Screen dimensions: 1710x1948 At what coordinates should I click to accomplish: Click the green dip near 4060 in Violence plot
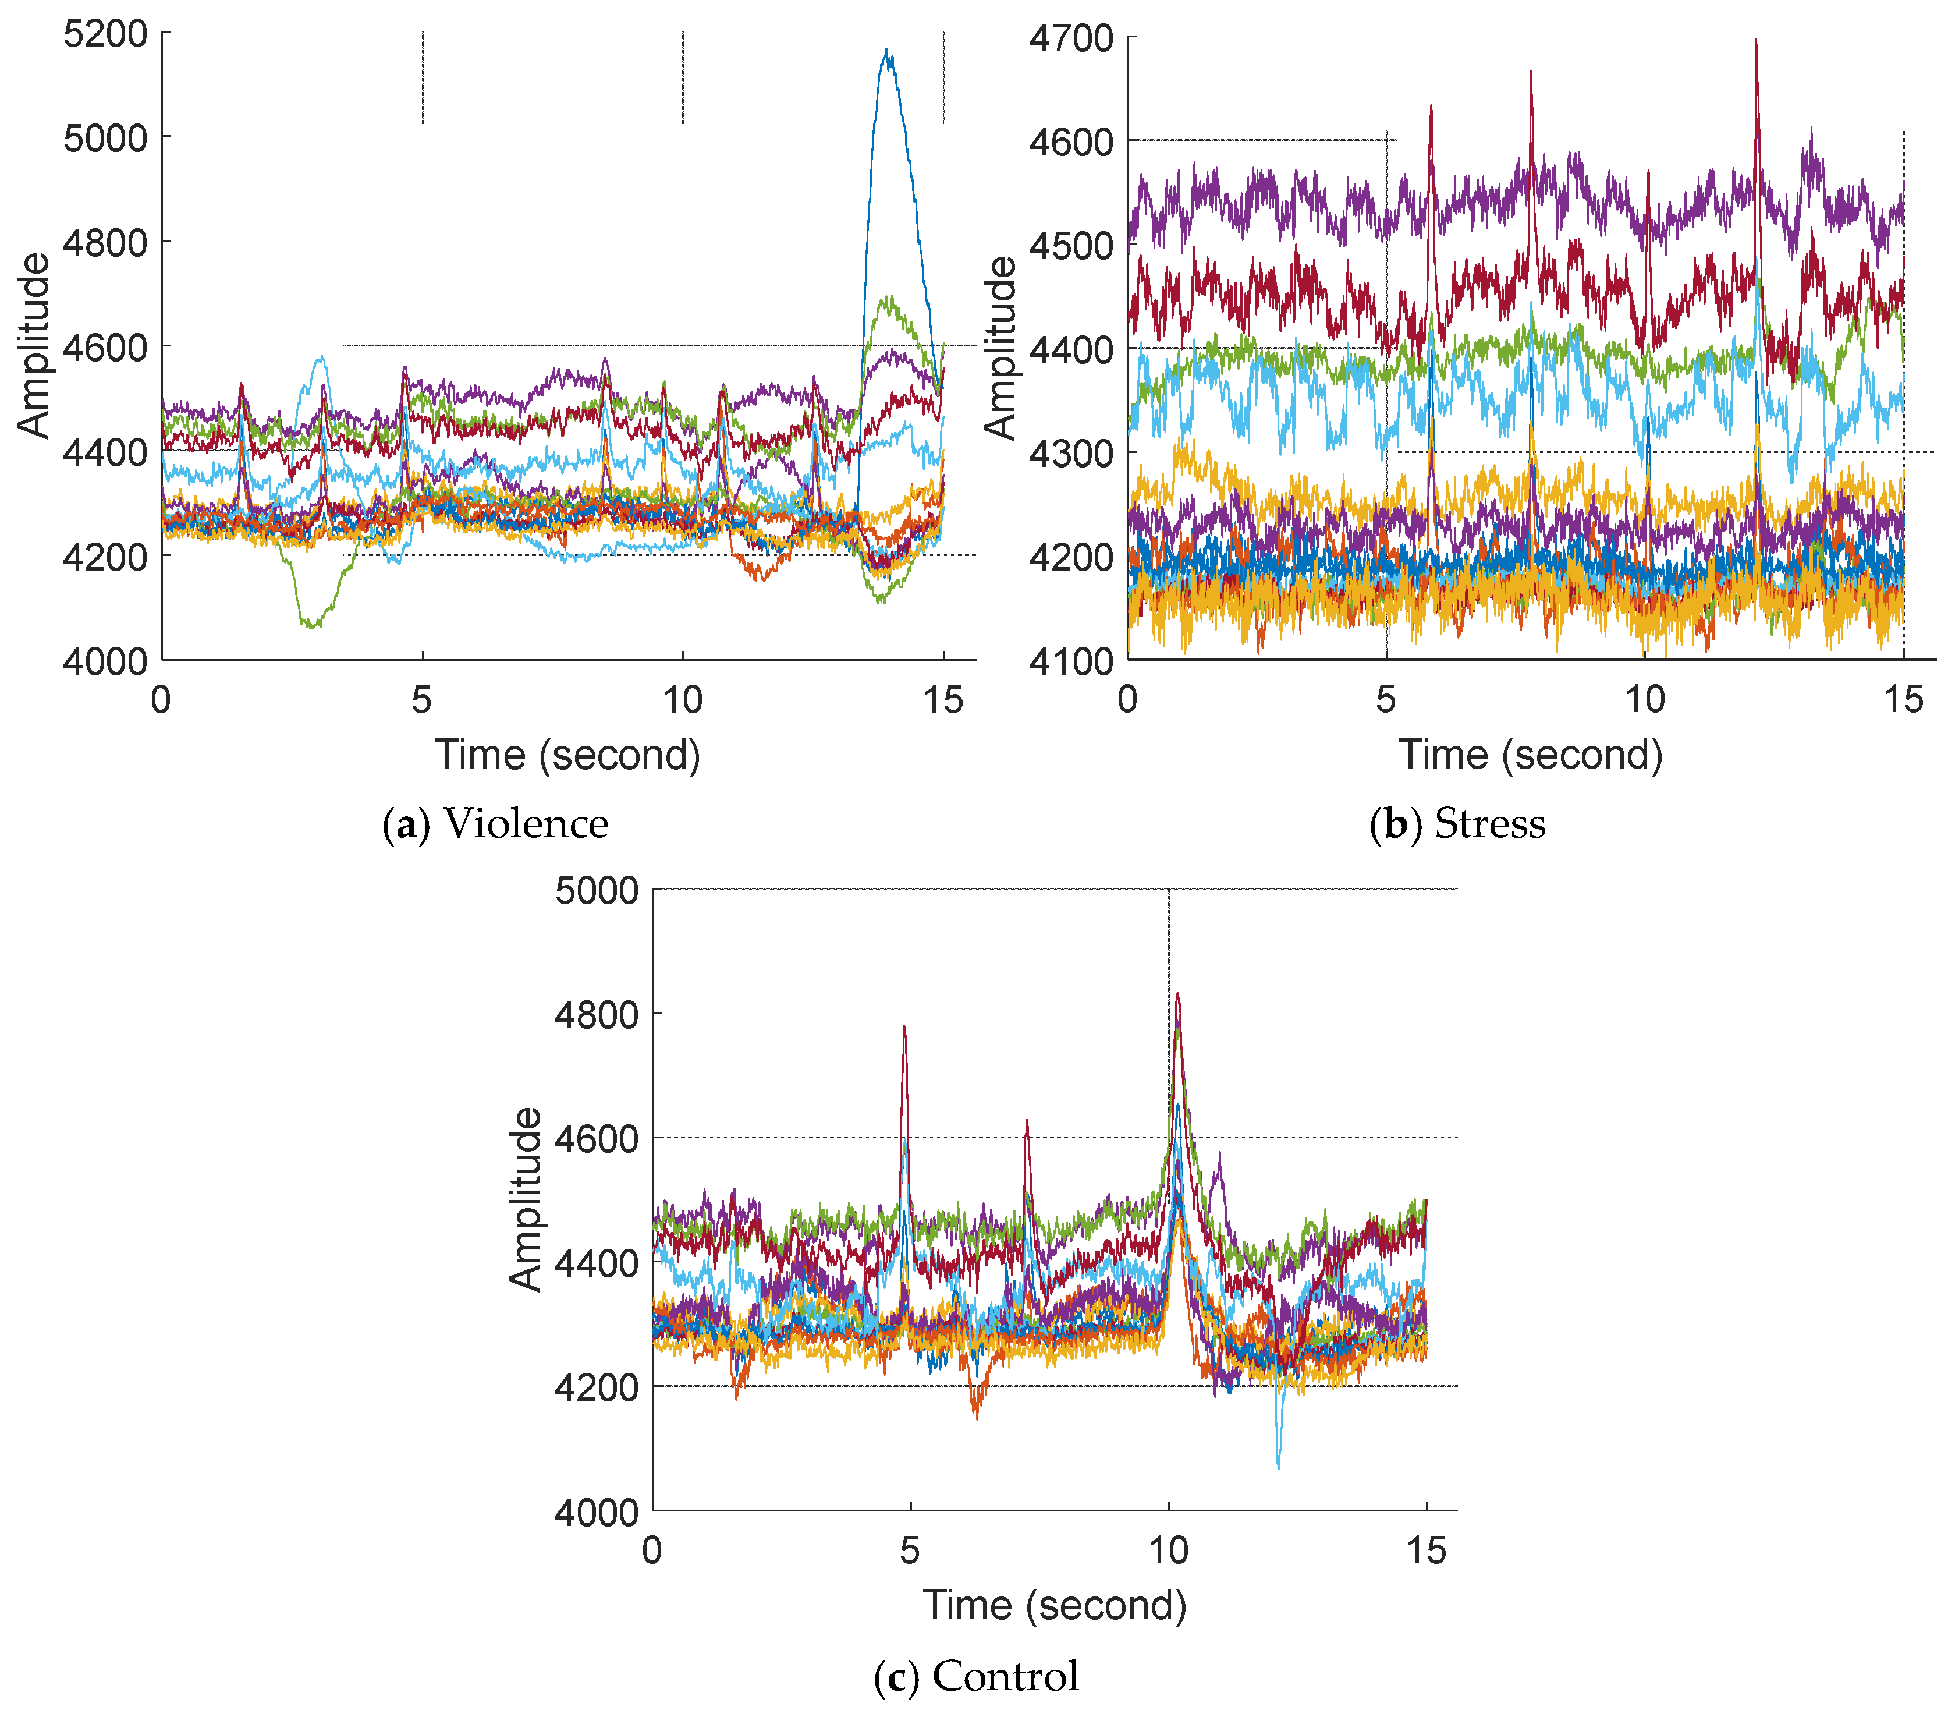311,624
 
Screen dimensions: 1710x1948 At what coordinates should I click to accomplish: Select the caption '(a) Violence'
495,823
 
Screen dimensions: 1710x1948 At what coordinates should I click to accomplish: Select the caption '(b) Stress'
1457,823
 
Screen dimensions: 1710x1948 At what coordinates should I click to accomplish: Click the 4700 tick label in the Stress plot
1071,39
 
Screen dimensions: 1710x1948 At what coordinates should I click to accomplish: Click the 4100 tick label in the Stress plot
1071,661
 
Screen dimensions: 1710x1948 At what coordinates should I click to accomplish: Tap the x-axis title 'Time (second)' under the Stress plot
1530,755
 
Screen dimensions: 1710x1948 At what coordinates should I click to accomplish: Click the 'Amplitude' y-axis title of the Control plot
525,1199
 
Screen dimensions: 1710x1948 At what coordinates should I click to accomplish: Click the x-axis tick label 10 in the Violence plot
682,700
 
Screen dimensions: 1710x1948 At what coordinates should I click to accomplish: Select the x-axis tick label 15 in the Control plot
1426,1551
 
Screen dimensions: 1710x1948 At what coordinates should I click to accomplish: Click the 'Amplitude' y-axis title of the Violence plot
34,345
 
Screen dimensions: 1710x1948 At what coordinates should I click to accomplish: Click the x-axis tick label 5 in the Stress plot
1386,700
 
